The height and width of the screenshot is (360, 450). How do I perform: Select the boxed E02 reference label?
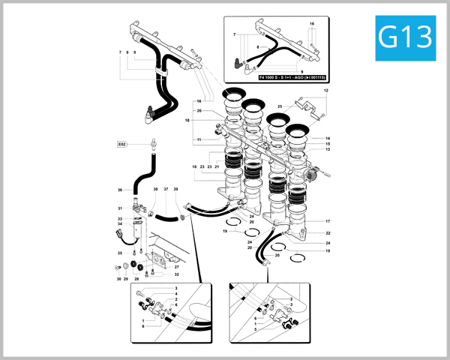click(122, 143)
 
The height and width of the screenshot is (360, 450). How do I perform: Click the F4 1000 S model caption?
click(290, 77)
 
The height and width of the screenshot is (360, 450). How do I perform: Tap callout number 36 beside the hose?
click(120, 190)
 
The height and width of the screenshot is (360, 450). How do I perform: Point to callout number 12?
click(326, 90)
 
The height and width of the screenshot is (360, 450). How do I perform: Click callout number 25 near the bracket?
click(280, 107)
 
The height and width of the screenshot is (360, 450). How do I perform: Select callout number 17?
click(328, 221)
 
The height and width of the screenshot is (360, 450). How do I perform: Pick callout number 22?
click(328, 233)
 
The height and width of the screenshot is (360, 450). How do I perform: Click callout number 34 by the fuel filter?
click(120, 223)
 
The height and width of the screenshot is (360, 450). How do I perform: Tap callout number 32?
click(177, 274)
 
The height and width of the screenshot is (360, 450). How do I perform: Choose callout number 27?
click(177, 266)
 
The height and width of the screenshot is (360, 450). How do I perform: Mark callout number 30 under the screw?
click(118, 279)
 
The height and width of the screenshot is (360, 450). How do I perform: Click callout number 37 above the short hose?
click(166, 190)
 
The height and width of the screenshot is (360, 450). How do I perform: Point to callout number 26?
click(199, 111)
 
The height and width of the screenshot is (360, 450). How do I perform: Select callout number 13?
click(328, 149)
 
